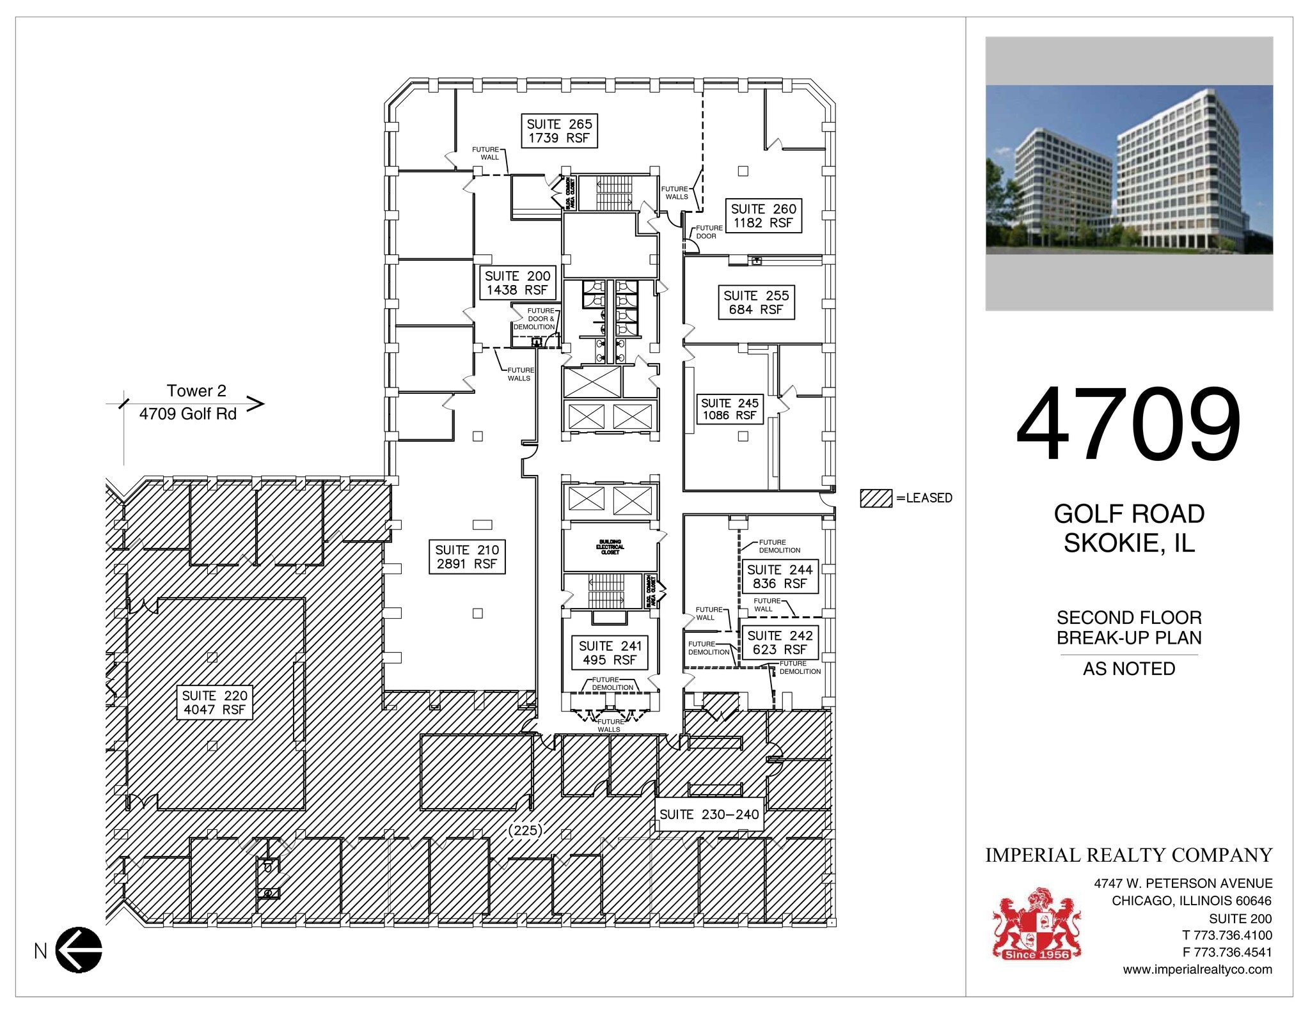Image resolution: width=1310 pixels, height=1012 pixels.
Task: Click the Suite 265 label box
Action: click(x=559, y=131)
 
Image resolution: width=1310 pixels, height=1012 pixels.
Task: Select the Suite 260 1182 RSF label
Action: click(x=763, y=216)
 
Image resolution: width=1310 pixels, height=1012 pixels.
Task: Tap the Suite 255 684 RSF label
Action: click(x=756, y=302)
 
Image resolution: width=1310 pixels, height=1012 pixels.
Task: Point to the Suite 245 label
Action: click(x=729, y=409)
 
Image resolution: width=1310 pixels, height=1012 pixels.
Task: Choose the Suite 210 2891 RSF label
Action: click(x=467, y=557)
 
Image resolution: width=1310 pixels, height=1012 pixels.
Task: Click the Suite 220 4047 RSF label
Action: click(x=214, y=703)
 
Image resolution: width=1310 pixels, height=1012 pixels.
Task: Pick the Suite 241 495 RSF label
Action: click(x=610, y=653)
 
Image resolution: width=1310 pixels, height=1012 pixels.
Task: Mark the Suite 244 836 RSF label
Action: click(x=780, y=577)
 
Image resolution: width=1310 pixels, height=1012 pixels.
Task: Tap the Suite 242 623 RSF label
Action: click(x=780, y=642)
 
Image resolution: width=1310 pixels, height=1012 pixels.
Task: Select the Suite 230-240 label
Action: click(x=709, y=814)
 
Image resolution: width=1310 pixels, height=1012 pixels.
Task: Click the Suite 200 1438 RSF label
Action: click(x=517, y=283)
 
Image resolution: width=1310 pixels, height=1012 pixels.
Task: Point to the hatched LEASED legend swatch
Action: click(x=876, y=498)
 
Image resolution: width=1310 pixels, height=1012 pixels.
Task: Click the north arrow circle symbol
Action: click(x=79, y=950)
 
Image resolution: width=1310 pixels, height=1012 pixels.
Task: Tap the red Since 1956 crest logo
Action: click(x=1036, y=923)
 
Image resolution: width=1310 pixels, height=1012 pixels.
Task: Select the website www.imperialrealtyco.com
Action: click(x=1197, y=969)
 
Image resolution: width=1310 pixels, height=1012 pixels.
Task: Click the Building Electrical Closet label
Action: click(x=610, y=547)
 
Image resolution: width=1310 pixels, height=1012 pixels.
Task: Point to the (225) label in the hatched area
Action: click(x=525, y=830)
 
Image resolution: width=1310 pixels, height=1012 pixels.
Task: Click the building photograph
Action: click(x=1129, y=173)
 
